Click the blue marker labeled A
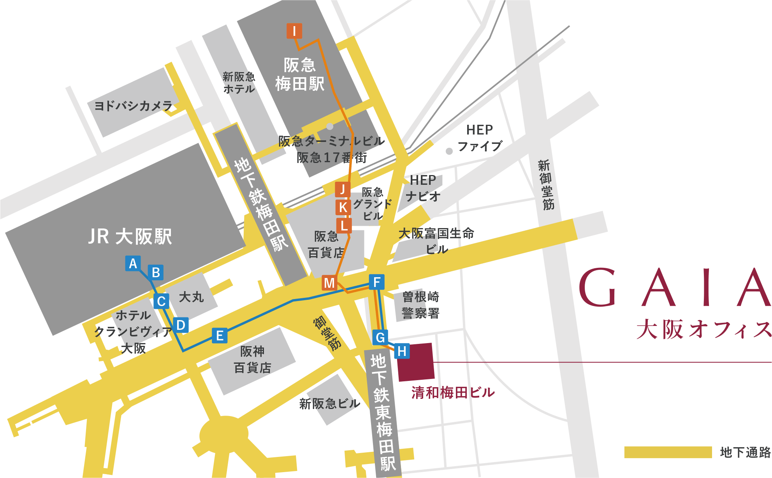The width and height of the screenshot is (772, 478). (133, 264)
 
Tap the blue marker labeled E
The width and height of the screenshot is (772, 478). (220, 336)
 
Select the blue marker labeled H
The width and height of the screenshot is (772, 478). (402, 351)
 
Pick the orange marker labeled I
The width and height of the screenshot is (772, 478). (294, 31)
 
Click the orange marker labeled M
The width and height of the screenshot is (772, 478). (329, 283)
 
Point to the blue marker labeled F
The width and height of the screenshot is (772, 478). (376, 282)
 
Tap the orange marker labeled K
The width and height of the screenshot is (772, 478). (343, 207)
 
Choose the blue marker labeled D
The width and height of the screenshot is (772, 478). (181, 325)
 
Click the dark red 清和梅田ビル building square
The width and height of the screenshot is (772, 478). (415, 362)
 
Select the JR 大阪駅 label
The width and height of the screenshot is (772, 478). (130, 236)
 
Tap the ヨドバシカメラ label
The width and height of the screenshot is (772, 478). (133, 106)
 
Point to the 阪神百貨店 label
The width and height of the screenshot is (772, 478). (252, 359)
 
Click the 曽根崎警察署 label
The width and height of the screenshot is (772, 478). (420, 305)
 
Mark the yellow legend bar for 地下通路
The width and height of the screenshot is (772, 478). (668, 452)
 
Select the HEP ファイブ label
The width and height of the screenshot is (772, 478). (480, 138)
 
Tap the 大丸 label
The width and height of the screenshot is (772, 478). (191, 297)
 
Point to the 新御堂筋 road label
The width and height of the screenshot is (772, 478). (546, 185)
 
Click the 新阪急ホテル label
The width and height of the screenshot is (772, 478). (239, 83)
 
